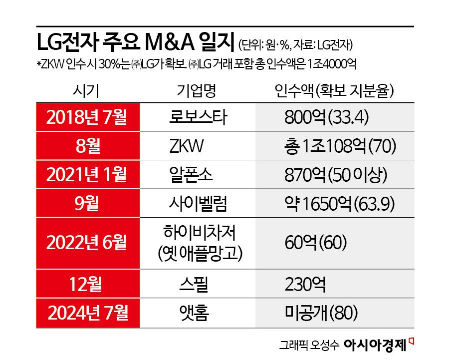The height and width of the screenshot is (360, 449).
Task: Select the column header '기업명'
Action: tap(197, 91)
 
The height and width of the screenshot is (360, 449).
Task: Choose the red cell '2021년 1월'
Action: tap(86, 175)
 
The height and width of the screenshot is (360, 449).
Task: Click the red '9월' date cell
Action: tap(86, 204)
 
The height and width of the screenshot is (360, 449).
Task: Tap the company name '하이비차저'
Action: tap(199, 233)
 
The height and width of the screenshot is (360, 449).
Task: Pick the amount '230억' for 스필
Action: tap(305, 285)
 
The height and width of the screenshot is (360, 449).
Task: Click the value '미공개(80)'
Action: tap(320, 313)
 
